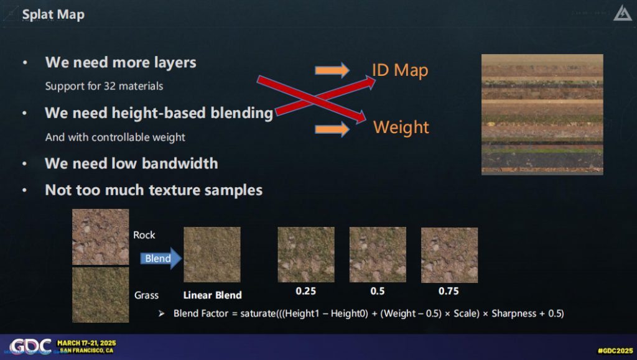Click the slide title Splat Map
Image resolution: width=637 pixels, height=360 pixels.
coord(53,14)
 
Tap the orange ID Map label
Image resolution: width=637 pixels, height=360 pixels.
coord(400,70)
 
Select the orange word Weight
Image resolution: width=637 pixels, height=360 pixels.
coord(401,127)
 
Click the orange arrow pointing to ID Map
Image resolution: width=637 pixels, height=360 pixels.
coord(332,70)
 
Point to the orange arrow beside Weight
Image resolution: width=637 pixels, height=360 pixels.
coord(332,129)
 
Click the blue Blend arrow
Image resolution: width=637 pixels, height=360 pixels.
coord(161,258)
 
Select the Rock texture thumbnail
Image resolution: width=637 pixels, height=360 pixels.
coord(100,237)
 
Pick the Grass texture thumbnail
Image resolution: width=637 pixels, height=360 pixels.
coord(100,295)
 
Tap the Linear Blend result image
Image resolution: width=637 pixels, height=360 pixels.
coord(212,254)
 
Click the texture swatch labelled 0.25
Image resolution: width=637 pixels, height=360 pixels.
coord(306,254)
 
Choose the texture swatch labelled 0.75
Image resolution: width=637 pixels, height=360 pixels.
coord(449,255)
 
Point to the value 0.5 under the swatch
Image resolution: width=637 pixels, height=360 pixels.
coord(378,291)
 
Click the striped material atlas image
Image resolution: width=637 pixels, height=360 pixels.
coord(542,114)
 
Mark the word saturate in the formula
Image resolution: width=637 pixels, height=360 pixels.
coord(258,313)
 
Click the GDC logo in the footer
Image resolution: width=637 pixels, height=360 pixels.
coord(30,346)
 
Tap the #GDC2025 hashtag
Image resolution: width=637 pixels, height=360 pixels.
coord(615,351)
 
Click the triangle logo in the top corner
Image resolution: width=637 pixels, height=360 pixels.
coord(622,14)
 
